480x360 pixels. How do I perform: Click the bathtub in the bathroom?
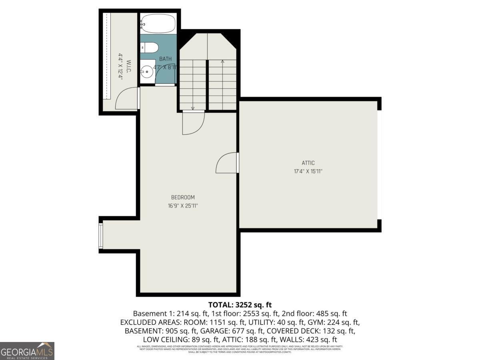(x=159, y=24)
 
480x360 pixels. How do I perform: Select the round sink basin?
(x=147, y=73)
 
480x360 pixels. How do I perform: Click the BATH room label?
(x=165, y=59)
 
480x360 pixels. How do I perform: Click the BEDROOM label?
(x=183, y=197)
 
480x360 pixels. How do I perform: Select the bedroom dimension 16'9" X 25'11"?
(x=183, y=206)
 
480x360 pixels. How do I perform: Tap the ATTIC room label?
(x=308, y=163)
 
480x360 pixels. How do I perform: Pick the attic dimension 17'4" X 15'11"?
(x=308, y=171)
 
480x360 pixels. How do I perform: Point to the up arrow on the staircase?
(x=222, y=61)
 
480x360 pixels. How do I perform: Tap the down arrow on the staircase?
(x=193, y=107)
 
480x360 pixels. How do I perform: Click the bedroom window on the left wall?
(x=101, y=236)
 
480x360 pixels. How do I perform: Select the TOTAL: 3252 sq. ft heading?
(x=240, y=305)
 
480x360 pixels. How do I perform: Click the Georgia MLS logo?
(x=27, y=351)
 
